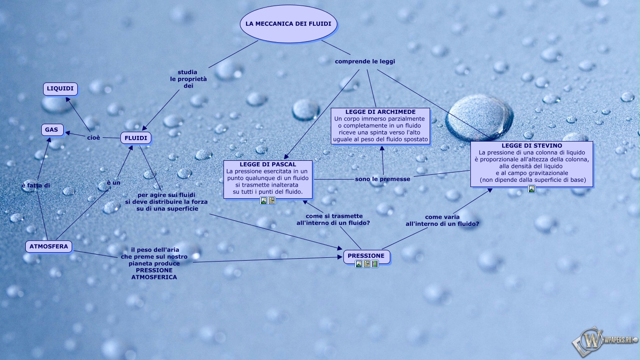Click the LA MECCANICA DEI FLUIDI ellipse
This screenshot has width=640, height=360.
coord(288,24)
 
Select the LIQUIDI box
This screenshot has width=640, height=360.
coord(60,89)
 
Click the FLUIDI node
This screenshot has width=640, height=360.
coord(136,138)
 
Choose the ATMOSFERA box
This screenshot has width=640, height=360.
coord(49,247)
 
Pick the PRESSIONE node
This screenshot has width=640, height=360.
coord(366,256)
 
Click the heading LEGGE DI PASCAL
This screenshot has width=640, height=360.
coord(268,165)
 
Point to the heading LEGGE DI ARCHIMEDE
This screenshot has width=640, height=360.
coord(380,112)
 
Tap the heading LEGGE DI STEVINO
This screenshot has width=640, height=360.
coord(531,146)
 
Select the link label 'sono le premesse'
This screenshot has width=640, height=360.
coord(382,179)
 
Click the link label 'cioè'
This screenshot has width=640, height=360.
coord(94,137)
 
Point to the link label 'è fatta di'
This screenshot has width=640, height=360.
coord(36,186)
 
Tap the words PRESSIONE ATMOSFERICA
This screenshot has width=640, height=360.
coord(154,274)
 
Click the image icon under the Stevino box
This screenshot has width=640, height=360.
coord(532,189)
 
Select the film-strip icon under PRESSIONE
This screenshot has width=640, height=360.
coord(375,264)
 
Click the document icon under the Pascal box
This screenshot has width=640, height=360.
coord(272,201)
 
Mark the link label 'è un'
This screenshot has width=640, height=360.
coord(113,183)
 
